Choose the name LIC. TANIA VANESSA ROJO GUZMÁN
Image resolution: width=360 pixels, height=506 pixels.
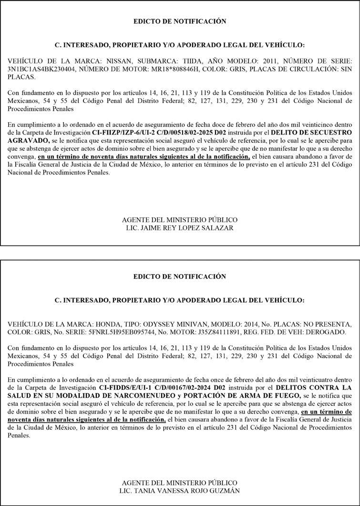pos(179,491)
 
